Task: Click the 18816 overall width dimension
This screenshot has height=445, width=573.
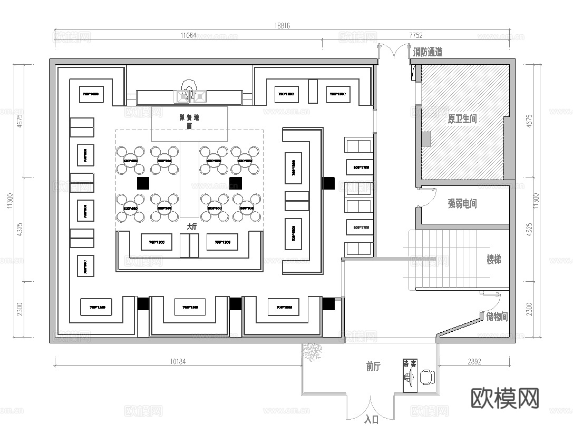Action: (282, 25)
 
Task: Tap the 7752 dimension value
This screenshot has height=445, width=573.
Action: (416, 36)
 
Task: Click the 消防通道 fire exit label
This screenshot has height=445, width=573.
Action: (428, 52)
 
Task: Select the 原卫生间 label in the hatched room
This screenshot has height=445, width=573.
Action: (462, 119)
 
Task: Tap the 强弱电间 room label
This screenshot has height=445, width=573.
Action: (462, 203)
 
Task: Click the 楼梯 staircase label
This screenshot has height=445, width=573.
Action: (493, 260)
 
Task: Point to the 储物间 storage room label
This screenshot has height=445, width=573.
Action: (497, 317)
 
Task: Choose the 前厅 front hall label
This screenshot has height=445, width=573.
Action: (373, 367)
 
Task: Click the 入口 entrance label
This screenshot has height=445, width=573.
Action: (372, 420)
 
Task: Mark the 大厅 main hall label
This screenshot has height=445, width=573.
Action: (192, 226)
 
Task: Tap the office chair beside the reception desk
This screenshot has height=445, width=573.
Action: (428, 377)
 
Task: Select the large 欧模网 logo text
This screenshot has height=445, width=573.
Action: (504, 398)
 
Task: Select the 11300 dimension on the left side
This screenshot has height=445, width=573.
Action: (9, 200)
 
